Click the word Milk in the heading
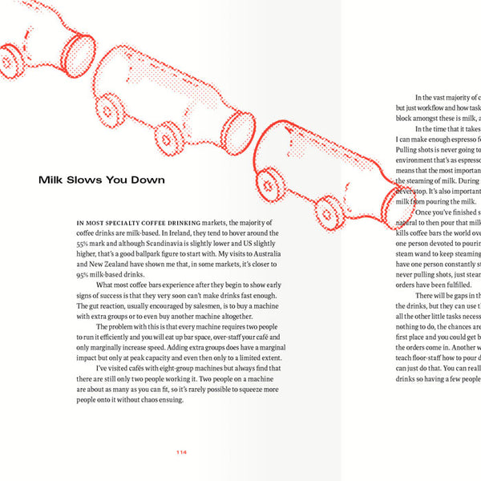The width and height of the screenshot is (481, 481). (53, 180)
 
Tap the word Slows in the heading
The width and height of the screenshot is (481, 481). (90, 180)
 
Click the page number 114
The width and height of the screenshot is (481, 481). (181, 452)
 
